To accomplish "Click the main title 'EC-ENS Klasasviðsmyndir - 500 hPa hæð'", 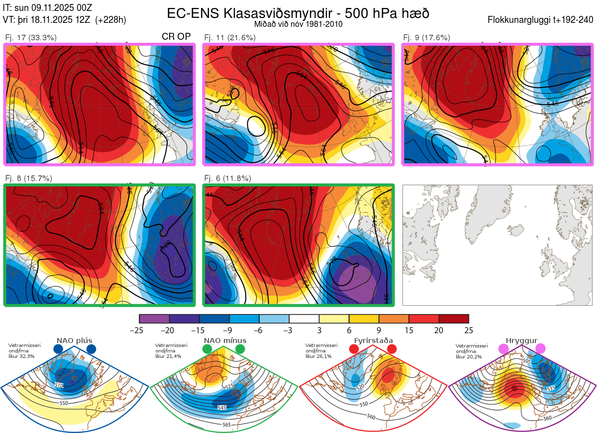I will pos(298,13).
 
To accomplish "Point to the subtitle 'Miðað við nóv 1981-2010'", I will pos(298,24).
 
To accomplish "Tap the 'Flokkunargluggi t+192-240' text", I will pos(541,20).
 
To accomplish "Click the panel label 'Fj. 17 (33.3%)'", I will pos(31,37).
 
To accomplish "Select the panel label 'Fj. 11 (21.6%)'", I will pos(230,37).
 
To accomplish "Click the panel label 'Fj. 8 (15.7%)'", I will pos(28,178).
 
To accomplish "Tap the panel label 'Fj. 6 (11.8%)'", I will pos(227,178).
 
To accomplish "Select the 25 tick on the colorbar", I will pos(468,330).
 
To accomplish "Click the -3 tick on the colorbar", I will pos(289,330).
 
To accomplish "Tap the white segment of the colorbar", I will pos(304,319).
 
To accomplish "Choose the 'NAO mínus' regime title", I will pos(225,341).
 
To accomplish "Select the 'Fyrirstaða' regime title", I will pos(374,341).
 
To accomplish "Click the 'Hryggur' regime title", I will pos(518,341).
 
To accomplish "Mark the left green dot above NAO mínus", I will pos(207,349).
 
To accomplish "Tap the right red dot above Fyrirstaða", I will pos(392,349).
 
